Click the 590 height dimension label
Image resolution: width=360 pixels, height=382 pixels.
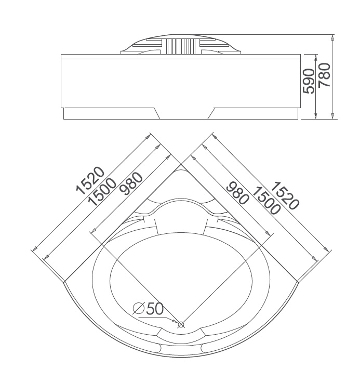[x=309, y=81]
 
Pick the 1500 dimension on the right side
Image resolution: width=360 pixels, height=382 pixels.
[x=264, y=200]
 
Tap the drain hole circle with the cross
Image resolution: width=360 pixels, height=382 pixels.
[x=181, y=325]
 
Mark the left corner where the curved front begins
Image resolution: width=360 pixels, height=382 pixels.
[x=64, y=282]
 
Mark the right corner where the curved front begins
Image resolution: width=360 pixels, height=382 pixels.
[x=298, y=282]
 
